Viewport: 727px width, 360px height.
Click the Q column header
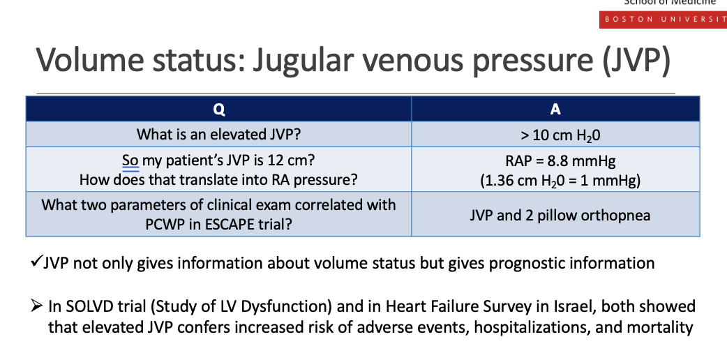point(219,109)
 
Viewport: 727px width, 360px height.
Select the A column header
point(555,109)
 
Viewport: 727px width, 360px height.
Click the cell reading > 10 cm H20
point(555,135)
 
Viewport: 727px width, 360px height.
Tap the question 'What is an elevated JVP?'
point(219,135)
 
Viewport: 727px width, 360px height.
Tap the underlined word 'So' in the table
point(130,160)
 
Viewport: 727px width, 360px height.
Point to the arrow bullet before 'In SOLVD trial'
point(36,306)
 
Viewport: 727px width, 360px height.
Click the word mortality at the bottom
point(660,327)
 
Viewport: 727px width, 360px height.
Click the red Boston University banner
point(663,20)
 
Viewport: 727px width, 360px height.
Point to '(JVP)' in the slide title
point(637,60)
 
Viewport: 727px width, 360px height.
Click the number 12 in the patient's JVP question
point(265,160)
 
